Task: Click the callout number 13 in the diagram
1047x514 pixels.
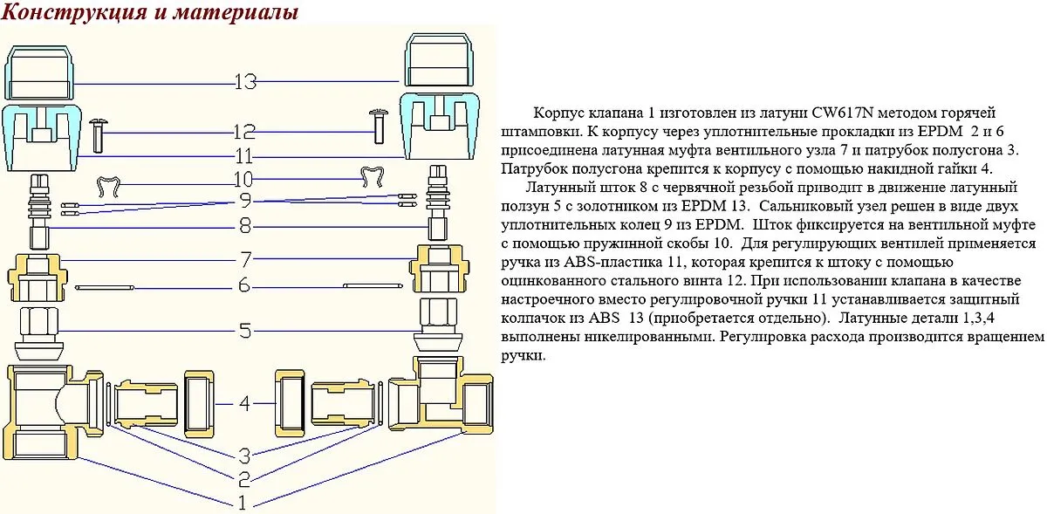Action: pyautogui.click(x=245, y=82)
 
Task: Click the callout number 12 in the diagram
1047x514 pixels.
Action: pyautogui.click(x=244, y=133)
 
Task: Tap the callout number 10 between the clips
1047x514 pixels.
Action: pyautogui.click(x=244, y=180)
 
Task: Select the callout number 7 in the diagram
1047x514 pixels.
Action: pyautogui.click(x=246, y=259)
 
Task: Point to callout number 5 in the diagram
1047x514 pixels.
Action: pyautogui.click(x=246, y=331)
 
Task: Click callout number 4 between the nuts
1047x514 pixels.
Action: pyautogui.click(x=245, y=403)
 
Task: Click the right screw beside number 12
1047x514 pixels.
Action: pyautogui.click(x=380, y=124)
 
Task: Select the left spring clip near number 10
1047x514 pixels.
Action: pyautogui.click(x=108, y=185)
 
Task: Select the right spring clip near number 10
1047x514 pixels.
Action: pyautogui.click(x=374, y=177)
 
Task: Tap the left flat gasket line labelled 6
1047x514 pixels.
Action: pyautogui.click(x=115, y=286)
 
